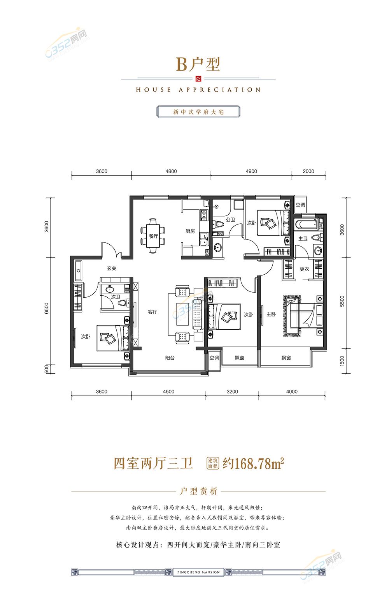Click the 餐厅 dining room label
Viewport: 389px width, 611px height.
153,236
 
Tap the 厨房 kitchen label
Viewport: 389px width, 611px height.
190,231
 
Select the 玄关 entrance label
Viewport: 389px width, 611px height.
112,268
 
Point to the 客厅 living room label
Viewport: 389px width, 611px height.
152,312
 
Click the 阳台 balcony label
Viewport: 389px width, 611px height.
170,358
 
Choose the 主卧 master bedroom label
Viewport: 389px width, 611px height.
271,314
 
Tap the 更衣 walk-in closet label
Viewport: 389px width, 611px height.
304,269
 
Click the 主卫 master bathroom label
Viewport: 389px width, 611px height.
303,238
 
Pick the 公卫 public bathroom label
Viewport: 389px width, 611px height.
230,219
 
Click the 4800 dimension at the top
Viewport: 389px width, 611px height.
171,171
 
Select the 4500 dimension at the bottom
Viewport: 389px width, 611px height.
168,391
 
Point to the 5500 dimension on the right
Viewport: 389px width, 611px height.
342,301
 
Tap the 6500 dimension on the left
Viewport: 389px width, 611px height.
47,308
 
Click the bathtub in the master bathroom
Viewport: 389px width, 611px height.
306,224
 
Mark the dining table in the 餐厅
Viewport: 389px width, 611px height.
153,236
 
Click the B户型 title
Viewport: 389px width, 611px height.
198,64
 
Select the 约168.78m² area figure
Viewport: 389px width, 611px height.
253,463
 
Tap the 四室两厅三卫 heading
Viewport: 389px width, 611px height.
153,463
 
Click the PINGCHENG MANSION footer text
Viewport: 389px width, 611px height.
198,572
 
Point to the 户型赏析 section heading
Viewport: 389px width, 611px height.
198,491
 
